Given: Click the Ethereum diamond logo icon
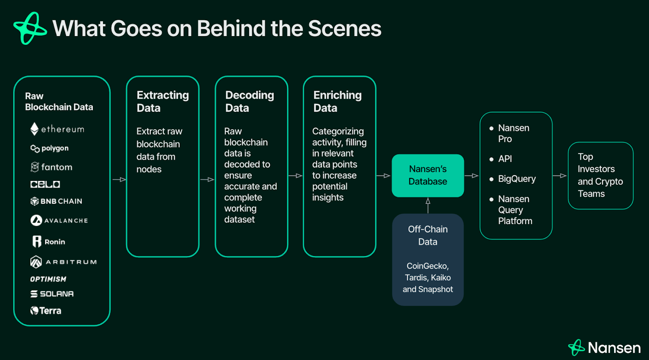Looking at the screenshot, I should click(x=34, y=129).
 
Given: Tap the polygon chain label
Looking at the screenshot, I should click(x=55, y=148).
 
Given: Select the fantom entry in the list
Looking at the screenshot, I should click(x=56, y=167).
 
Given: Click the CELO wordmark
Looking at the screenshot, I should click(x=45, y=184).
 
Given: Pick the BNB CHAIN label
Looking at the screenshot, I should click(x=61, y=201).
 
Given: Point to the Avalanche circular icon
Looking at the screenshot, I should click(x=36, y=220).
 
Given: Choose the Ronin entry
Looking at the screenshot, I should click(x=54, y=242).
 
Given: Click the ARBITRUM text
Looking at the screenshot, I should click(x=71, y=262).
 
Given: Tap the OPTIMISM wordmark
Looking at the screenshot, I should click(x=48, y=279).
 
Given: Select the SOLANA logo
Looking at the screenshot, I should click(x=52, y=294).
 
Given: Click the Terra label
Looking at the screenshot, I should click(x=50, y=311).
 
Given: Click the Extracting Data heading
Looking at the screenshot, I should click(x=162, y=101).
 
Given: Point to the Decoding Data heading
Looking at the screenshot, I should click(x=249, y=101).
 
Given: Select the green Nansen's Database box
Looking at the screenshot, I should click(x=428, y=176).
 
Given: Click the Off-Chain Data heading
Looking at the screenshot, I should click(x=428, y=235).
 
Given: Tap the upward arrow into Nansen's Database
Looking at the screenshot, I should click(x=428, y=205).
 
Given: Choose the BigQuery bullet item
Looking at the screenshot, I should click(x=516, y=179).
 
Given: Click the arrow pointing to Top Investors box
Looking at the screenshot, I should click(x=560, y=176).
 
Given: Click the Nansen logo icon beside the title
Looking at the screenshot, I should click(x=30, y=28).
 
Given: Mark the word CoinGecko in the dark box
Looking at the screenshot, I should click(x=427, y=266).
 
